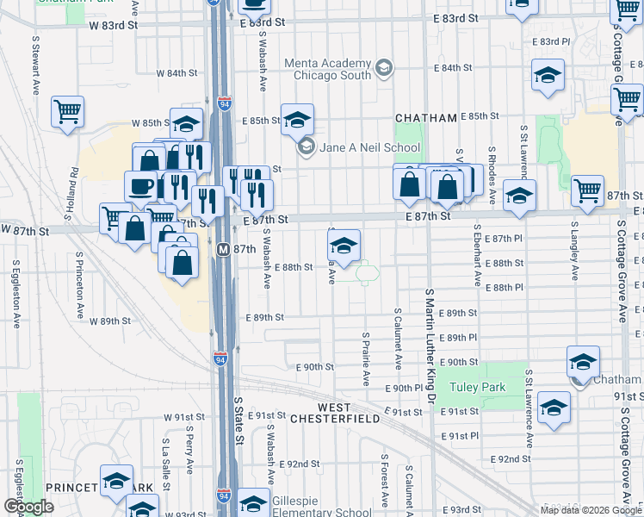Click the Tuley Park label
click(481, 388)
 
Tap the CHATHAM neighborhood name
click(423, 117)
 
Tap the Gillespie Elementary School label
click(319, 507)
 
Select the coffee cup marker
click(140, 186)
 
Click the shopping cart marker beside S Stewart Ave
click(67, 111)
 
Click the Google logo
click(28, 507)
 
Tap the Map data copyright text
click(590, 510)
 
